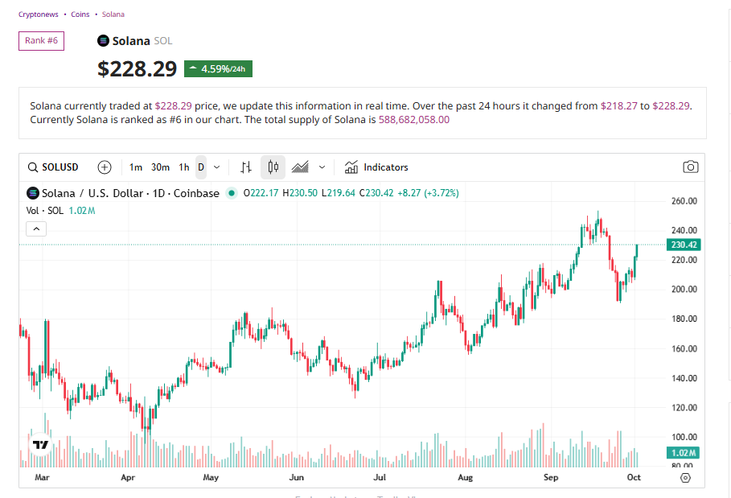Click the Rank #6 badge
(x=41, y=40)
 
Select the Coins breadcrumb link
(x=80, y=14)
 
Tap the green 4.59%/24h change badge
(x=218, y=68)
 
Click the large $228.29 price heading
(x=137, y=69)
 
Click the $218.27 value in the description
(x=618, y=105)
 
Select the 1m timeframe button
(x=136, y=167)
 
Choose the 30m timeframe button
(x=160, y=167)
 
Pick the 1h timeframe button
(x=184, y=167)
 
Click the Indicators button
(x=376, y=167)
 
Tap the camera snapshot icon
(x=690, y=167)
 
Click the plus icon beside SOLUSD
(x=105, y=167)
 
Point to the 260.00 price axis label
(x=684, y=201)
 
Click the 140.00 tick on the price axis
(x=684, y=378)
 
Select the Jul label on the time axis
(x=380, y=478)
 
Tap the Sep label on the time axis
(x=551, y=478)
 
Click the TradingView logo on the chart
(x=40, y=444)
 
